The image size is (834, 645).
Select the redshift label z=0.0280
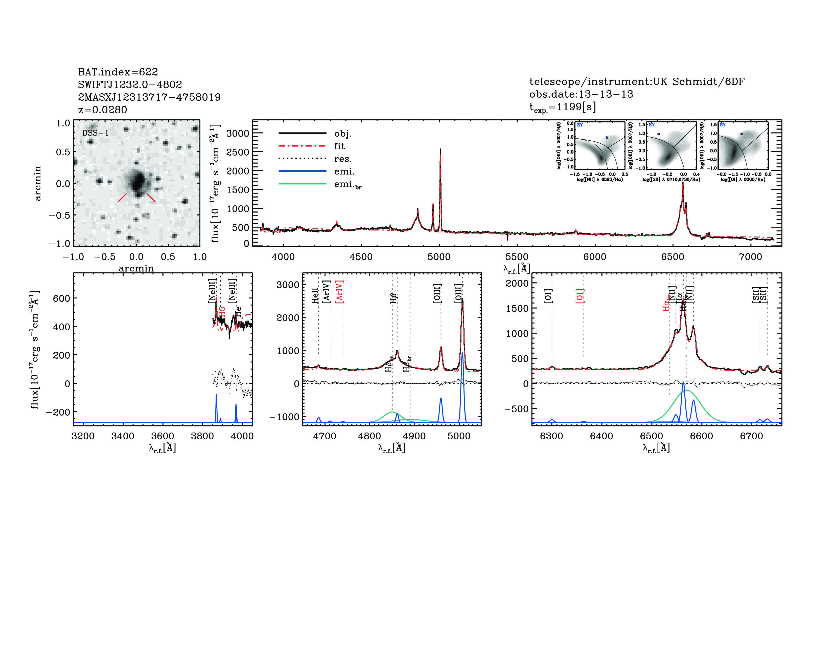pyautogui.click(x=102, y=110)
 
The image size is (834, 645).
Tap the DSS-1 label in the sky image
pyautogui.click(x=96, y=133)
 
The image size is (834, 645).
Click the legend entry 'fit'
pyautogui.click(x=339, y=146)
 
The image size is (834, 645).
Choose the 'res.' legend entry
pyautogui.click(x=342, y=159)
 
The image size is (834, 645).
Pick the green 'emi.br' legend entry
pyautogui.click(x=347, y=185)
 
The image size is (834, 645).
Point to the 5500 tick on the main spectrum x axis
pyautogui.click(x=517, y=257)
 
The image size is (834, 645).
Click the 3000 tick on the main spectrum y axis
pyautogui.click(x=238, y=133)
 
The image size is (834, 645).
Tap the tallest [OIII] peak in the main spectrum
pyautogui.click(x=440, y=150)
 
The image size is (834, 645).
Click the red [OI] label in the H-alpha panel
pyautogui.click(x=580, y=296)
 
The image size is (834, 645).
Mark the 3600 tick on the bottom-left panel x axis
pyautogui.click(x=163, y=436)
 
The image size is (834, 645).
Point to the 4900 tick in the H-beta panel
pyautogui.click(x=414, y=436)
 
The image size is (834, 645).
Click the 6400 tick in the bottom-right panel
pyautogui.click(x=601, y=436)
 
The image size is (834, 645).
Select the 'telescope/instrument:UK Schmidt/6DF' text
pyautogui.click(x=637, y=82)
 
